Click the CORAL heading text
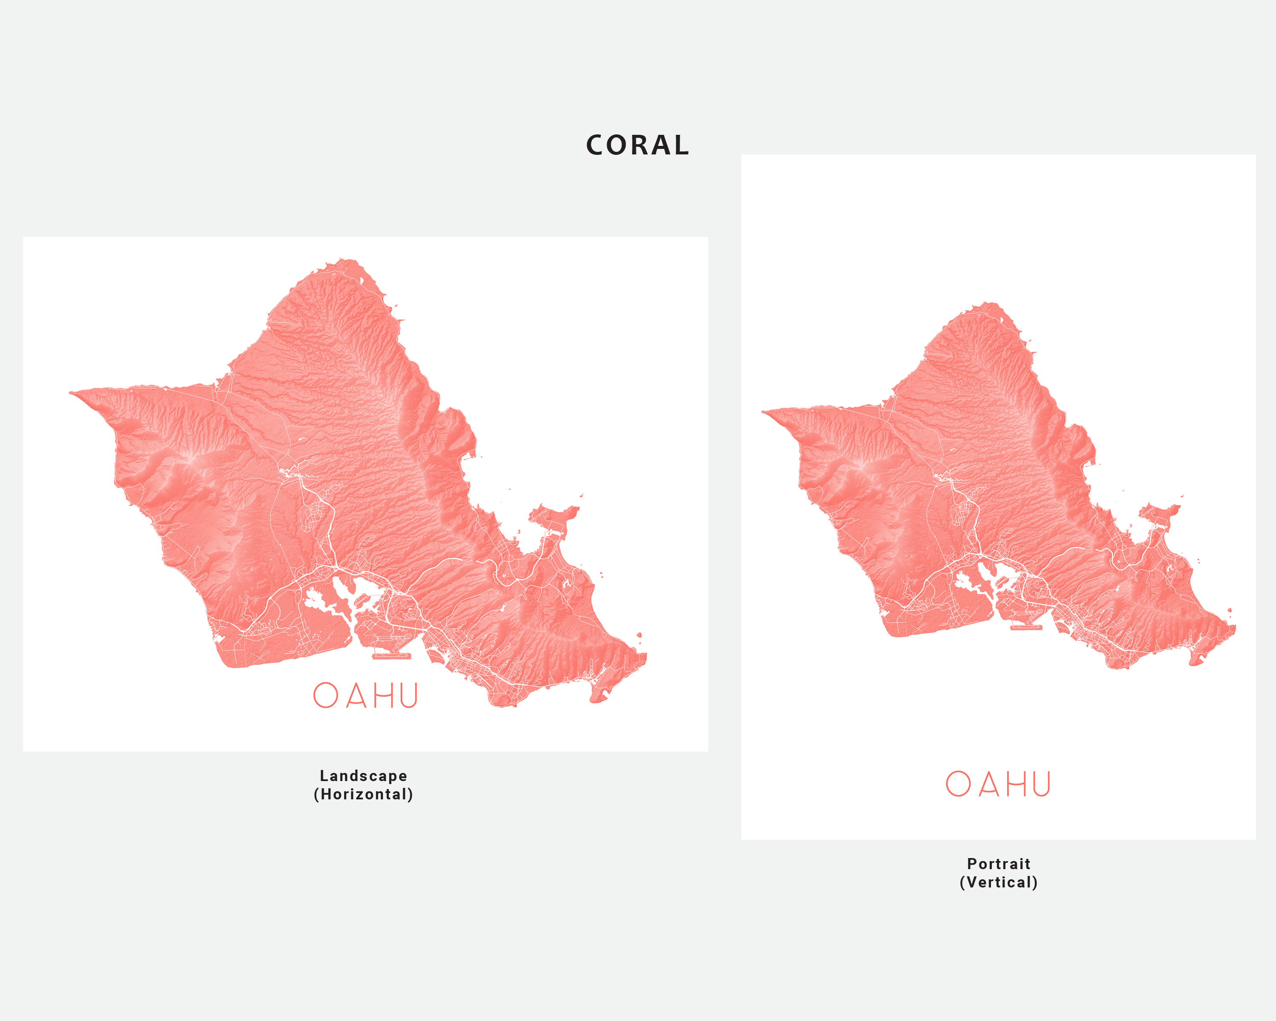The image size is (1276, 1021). (x=637, y=145)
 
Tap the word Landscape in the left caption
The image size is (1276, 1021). (x=363, y=775)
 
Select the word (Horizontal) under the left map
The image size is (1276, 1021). (x=363, y=794)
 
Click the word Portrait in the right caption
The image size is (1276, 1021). (x=998, y=864)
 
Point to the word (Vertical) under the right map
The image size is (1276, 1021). (x=998, y=882)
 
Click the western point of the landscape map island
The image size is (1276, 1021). (x=71, y=392)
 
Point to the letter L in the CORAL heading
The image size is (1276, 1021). (x=681, y=145)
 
